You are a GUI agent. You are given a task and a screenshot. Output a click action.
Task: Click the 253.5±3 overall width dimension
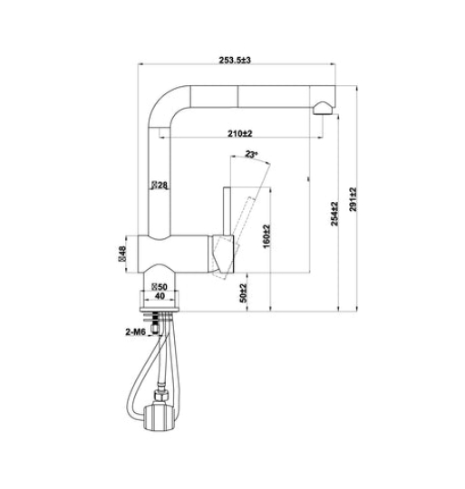[x=234, y=60]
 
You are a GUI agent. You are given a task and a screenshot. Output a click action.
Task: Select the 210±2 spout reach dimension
[x=240, y=133]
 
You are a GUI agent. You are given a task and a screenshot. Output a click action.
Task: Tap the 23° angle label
[x=251, y=155]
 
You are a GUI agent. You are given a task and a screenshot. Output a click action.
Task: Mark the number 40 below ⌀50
[x=160, y=296]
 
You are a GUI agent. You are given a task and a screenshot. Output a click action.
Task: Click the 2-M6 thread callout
[x=137, y=332]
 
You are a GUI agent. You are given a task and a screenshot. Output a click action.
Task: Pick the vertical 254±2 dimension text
[x=334, y=214]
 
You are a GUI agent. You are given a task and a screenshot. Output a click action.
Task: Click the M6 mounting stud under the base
[x=163, y=319]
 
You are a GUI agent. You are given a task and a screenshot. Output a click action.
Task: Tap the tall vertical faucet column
[x=160, y=172]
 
